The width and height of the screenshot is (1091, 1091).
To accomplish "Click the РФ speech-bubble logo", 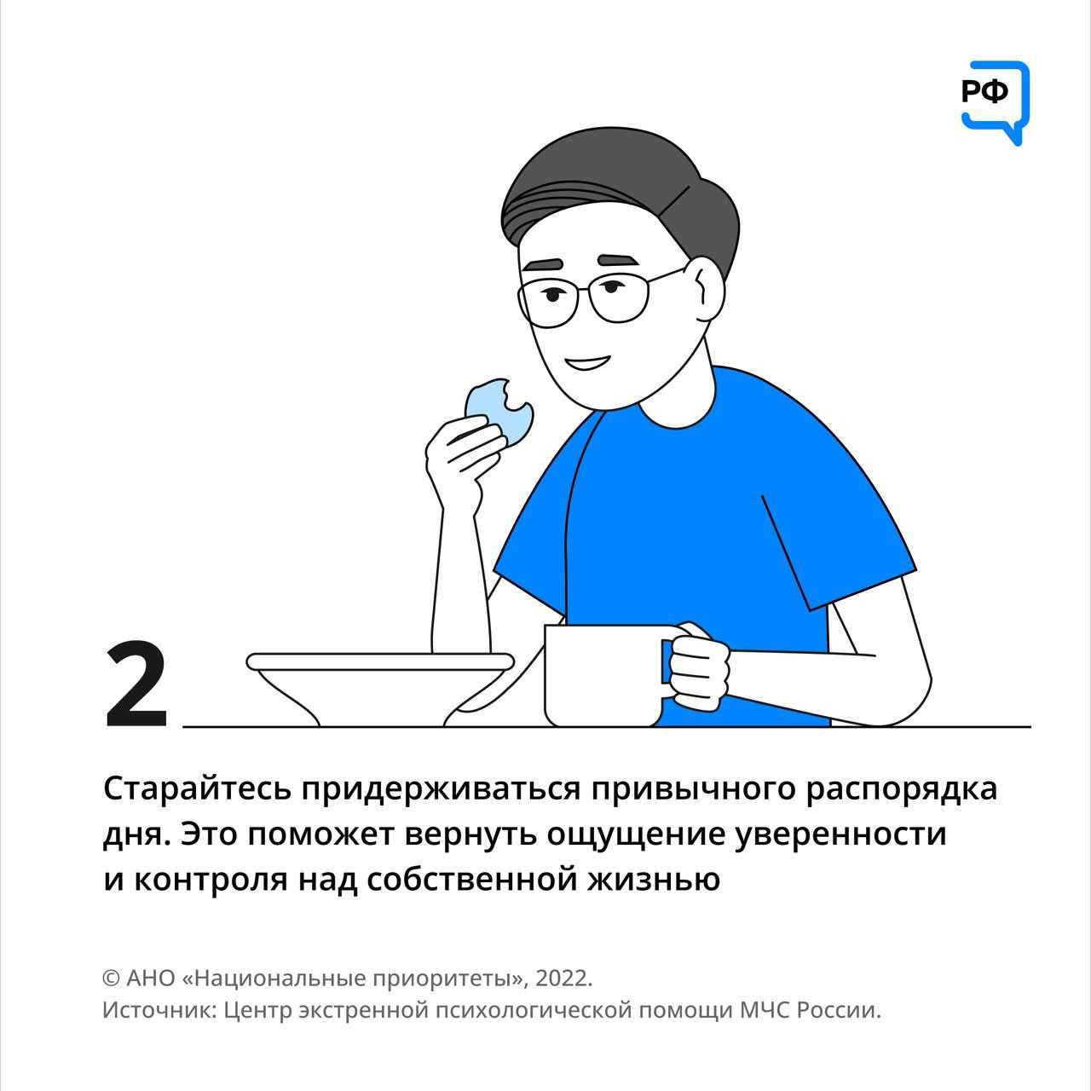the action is click(x=994, y=102).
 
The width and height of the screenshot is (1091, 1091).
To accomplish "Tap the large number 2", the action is click(x=136, y=684).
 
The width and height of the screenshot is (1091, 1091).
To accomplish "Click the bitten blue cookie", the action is click(x=499, y=409).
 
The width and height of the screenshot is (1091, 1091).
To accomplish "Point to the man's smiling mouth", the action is click(x=589, y=362).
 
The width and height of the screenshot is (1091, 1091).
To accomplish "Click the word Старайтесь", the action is click(x=197, y=789).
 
